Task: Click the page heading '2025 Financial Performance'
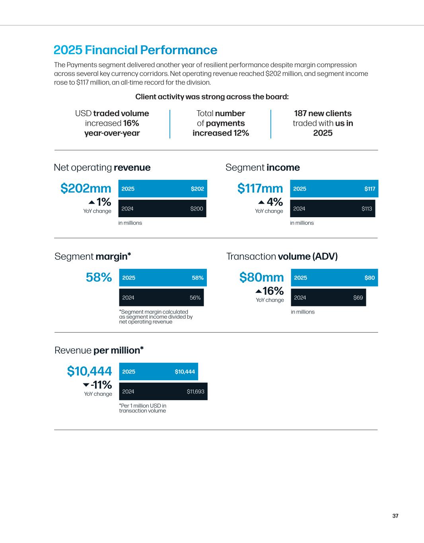tap(135, 50)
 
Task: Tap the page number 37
tap(395, 516)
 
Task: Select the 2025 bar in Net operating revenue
tap(163, 189)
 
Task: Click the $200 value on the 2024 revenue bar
tap(196, 208)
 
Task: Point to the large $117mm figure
tap(260, 189)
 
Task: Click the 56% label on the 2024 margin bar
tap(195, 298)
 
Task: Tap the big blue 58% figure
tap(99, 277)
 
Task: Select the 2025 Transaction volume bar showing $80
tap(334, 278)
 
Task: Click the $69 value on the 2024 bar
tap(358, 298)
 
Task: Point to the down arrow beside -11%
tap(86, 385)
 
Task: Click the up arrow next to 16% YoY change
tap(259, 291)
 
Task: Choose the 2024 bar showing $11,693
tap(163, 391)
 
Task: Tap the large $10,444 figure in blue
tap(89, 371)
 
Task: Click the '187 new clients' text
tap(323, 113)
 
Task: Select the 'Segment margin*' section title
tap(93, 257)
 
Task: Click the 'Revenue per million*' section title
tap(99, 350)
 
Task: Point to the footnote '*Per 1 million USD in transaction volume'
tap(142, 408)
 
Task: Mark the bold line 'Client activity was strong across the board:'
tap(212, 97)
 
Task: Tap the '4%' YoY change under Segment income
tap(274, 202)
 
